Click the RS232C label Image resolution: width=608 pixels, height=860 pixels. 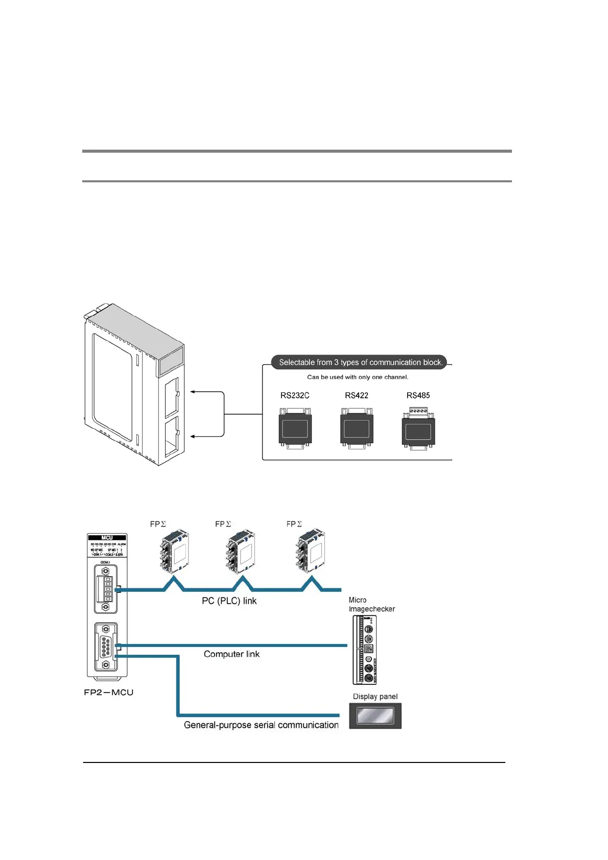click(295, 395)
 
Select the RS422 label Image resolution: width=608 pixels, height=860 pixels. click(357, 395)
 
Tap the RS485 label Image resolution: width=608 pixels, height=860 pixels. click(418, 395)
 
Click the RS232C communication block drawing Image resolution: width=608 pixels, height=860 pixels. click(295, 428)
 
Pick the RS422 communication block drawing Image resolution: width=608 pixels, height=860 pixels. click(357, 428)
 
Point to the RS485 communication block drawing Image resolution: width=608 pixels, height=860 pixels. click(418, 429)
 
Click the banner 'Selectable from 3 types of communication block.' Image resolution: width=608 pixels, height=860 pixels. click(360, 362)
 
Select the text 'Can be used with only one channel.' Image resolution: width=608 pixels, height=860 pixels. click(358, 377)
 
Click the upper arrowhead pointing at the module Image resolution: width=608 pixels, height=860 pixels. click(193, 392)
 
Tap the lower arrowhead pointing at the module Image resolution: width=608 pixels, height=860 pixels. click(193, 437)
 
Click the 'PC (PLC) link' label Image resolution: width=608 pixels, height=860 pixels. click(229, 601)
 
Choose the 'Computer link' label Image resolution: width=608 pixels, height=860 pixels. click(231, 654)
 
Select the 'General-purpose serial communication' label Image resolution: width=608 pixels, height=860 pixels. click(261, 725)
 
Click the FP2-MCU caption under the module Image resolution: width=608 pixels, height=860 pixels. click(108, 692)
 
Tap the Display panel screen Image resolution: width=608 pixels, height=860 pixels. click(375, 716)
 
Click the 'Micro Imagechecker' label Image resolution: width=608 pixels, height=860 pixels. click(371, 605)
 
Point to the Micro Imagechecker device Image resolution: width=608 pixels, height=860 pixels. click(365, 650)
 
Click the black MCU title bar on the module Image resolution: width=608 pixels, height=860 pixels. click(107, 538)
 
